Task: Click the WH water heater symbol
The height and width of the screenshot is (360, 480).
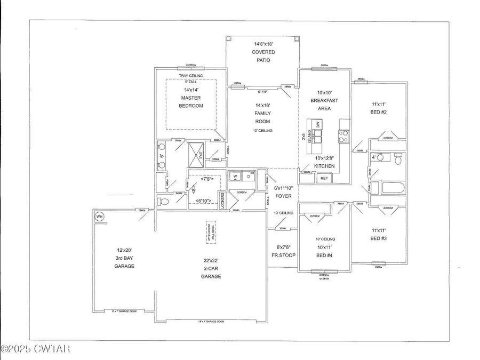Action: click(x=99, y=217)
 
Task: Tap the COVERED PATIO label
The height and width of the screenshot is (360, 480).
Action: click(x=263, y=52)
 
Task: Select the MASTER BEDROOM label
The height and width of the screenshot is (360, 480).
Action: click(x=190, y=102)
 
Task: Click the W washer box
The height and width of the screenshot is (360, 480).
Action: click(x=235, y=176)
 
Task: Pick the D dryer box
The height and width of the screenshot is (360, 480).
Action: click(x=248, y=176)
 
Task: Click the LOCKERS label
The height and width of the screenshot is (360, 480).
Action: click(x=222, y=199)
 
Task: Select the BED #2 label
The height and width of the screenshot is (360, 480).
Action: click(x=379, y=108)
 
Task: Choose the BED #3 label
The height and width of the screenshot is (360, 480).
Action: click(x=379, y=234)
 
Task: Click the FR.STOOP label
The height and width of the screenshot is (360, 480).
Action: click(x=283, y=251)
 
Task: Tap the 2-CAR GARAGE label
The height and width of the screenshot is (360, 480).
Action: click(x=211, y=272)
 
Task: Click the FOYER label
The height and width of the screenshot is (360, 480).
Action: click(x=284, y=196)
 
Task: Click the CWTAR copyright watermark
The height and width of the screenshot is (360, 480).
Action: click(x=36, y=349)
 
